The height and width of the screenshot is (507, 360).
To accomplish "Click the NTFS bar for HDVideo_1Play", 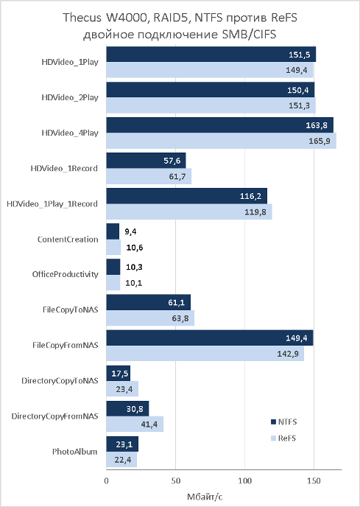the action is [x=211, y=55].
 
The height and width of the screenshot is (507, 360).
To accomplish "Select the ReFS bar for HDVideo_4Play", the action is [x=222, y=141].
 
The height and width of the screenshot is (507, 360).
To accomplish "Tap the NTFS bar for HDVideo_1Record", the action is [x=146, y=161].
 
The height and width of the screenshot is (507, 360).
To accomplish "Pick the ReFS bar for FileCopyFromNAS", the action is [x=205, y=354].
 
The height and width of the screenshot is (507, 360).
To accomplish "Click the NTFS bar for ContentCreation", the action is [x=113, y=231].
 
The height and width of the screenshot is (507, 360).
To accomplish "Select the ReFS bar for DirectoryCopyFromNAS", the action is [x=135, y=424].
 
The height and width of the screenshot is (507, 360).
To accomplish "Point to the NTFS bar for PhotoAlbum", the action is [x=122, y=444].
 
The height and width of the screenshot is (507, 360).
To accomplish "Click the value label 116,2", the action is [x=250, y=196].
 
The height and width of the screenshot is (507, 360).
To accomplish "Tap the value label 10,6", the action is [x=135, y=248].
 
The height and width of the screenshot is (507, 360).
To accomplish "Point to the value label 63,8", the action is [x=180, y=318].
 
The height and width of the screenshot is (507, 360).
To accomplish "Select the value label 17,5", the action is [x=120, y=374].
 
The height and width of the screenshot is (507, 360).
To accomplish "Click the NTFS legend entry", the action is [x=283, y=422].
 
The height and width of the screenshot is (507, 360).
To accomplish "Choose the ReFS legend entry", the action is [x=283, y=438].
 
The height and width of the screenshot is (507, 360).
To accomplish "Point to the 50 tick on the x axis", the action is [x=175, y=480].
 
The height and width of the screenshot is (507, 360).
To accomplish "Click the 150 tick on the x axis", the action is [x=314, y=480].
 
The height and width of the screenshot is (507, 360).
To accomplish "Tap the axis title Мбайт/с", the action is [x=205, y=497].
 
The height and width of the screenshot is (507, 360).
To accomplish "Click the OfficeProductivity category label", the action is [x=66, y=275].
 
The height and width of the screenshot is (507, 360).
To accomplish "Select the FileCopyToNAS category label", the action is [x=71, y=310].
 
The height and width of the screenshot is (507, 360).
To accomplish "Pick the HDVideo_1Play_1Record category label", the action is [x=52, y=204].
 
